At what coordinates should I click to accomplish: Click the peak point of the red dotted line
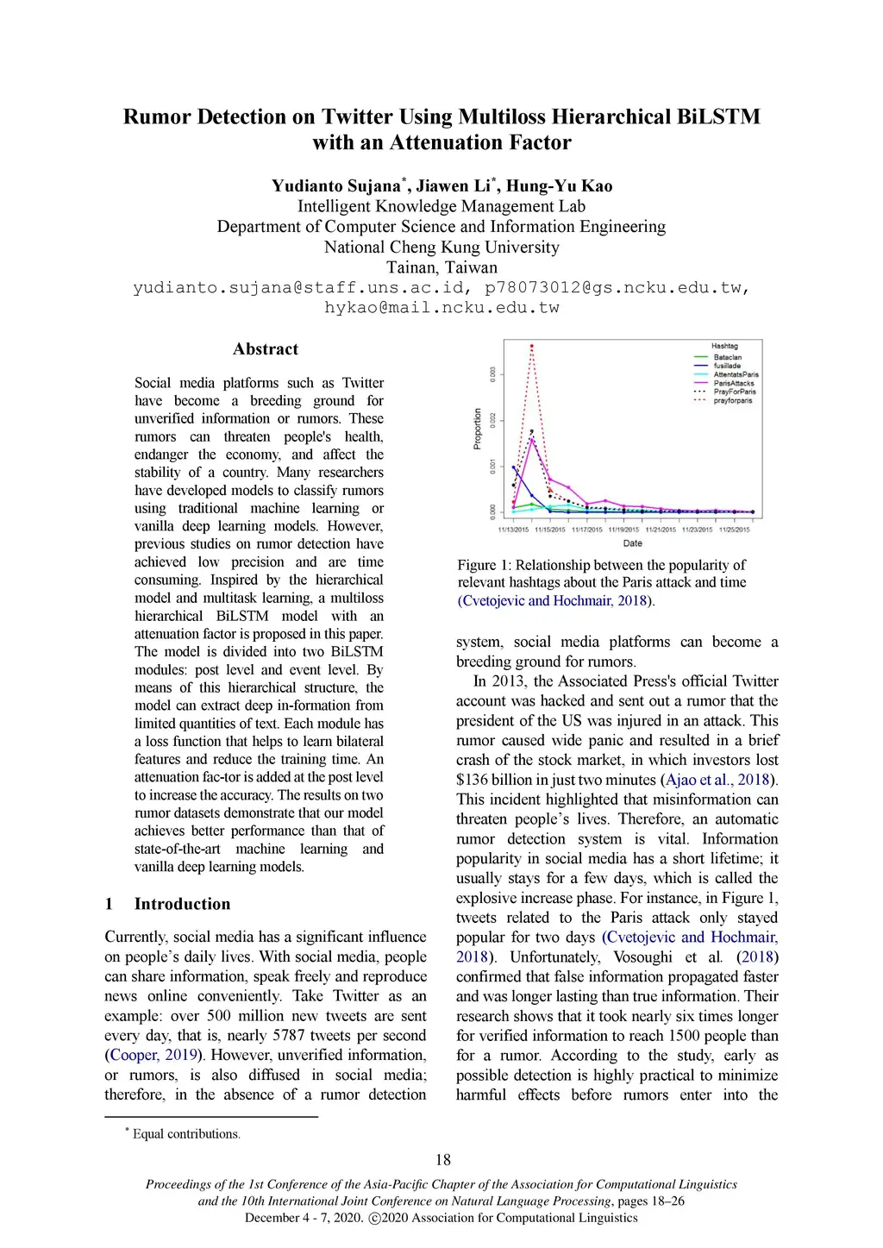[x=532, y=346]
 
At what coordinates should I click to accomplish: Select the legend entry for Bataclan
[x=727, y=357]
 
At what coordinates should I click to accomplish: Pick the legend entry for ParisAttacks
[x=733, y=383]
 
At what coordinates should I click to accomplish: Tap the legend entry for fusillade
[x=727, y=366]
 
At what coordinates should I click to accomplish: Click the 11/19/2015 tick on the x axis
[x=623, y=530]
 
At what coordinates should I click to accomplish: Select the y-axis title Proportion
[x=478, y=429]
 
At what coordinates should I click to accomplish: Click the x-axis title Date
[x=632, y=543]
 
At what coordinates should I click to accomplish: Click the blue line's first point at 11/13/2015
[x=514, y=467]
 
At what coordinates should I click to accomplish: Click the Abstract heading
[x=265, y=349]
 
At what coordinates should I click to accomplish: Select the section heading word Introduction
[x=182, y=904]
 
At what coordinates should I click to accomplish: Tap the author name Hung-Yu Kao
[x=559, y=185]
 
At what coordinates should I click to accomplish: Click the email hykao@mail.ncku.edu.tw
[x=441, y=308]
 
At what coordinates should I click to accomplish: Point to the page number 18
[x=442, y=1160]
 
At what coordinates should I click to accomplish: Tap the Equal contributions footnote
[x=186, y=1134]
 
